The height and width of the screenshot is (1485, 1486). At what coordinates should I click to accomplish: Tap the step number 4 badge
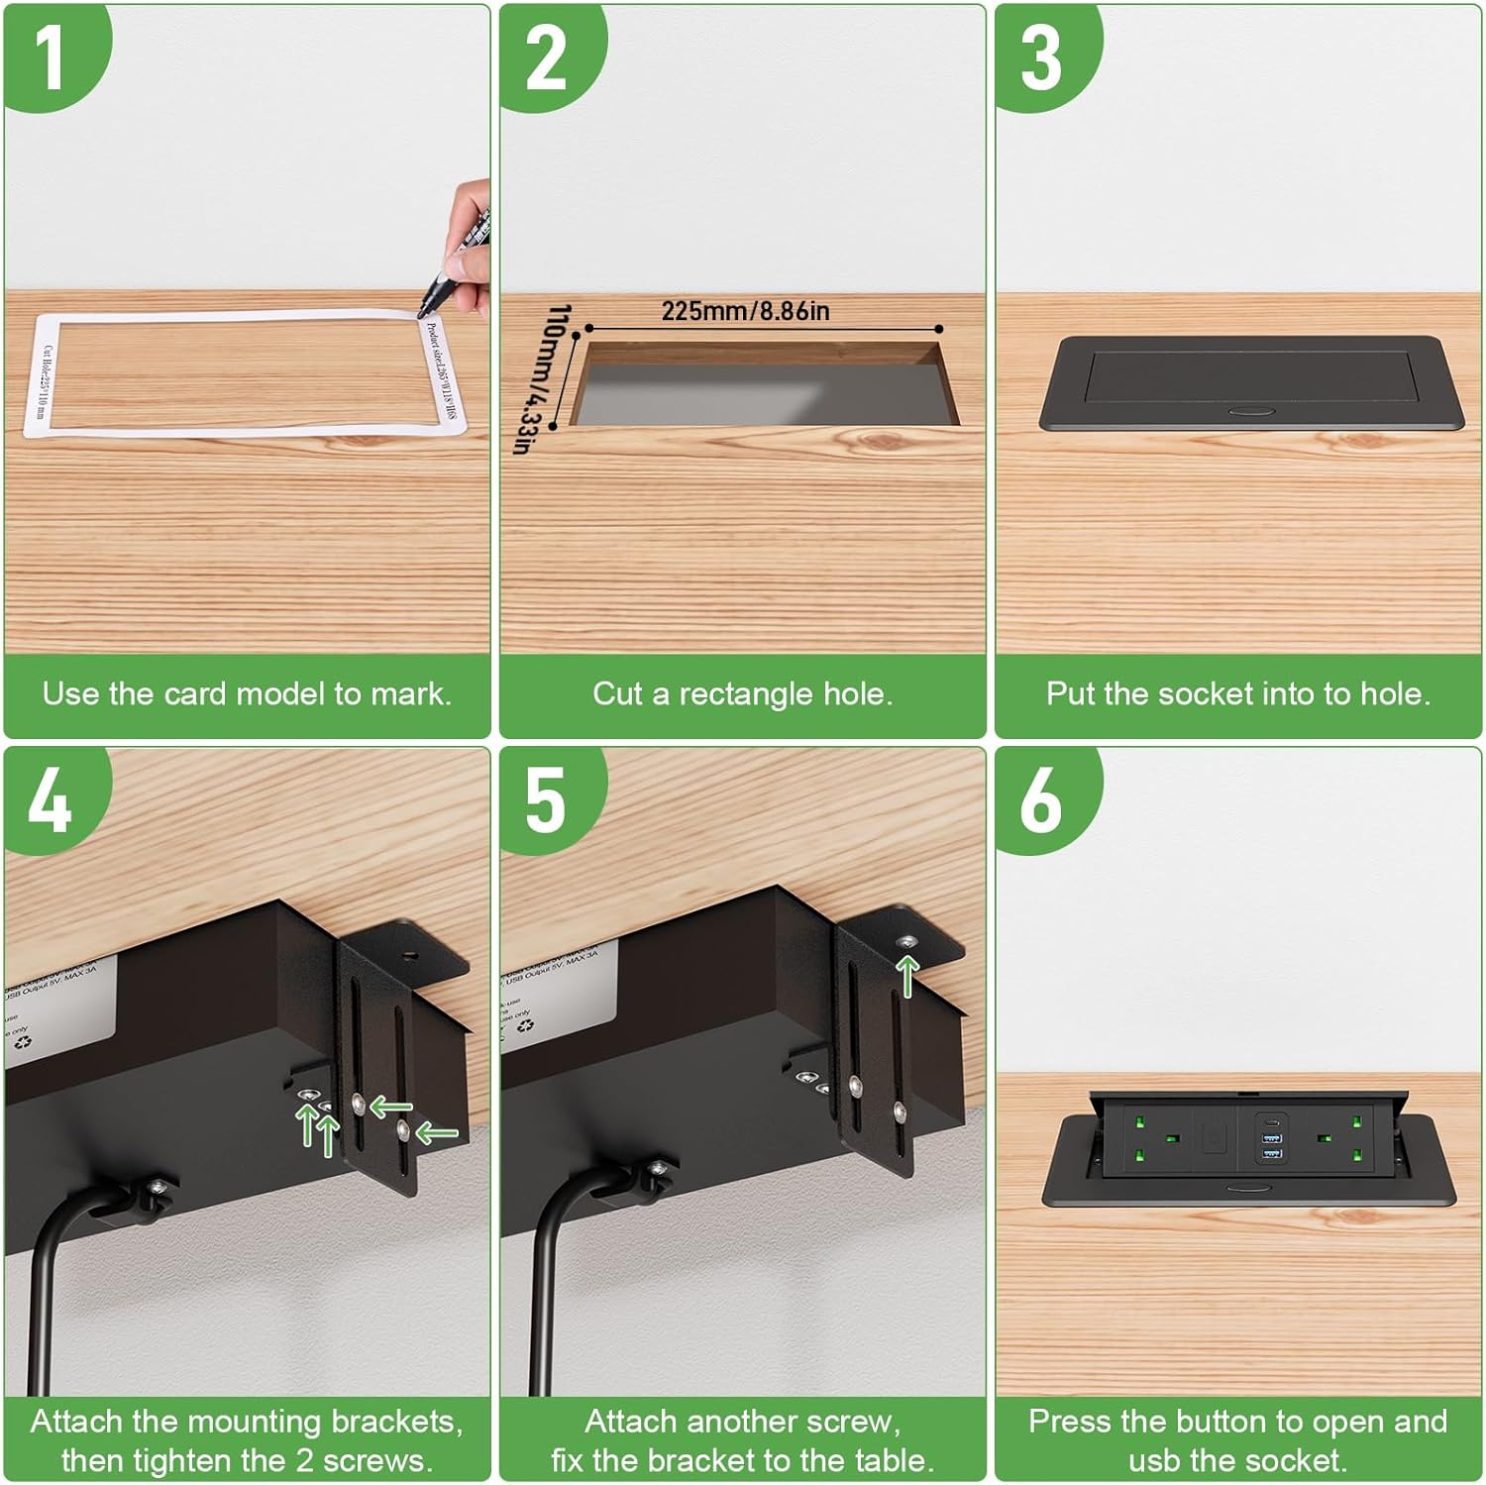click(x=50, y=800)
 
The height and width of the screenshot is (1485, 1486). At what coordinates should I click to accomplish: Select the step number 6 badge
click(x=1040, y=800)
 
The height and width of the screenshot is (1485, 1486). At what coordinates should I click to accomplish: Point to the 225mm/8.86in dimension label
click(x=745, y=311)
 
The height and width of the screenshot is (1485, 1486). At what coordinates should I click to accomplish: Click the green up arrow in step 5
click(x=908, y=975)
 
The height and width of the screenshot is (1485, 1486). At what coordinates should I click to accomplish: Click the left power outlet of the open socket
click(x=1156, y=1138)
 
